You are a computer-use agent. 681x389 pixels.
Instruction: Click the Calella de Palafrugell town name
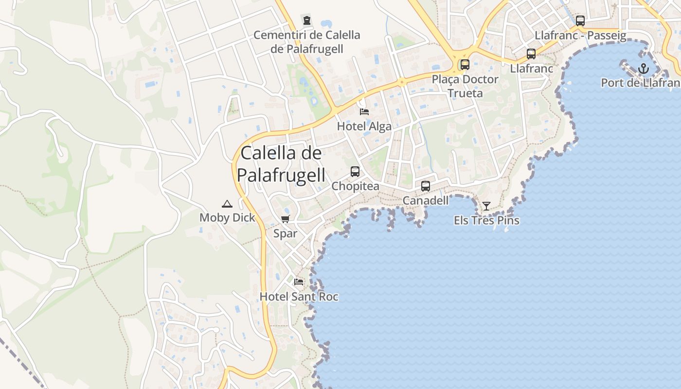tap(281, 164)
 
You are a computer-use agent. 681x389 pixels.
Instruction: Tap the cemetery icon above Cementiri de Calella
tap(307, 21)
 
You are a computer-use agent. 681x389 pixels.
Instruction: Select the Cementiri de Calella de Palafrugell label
tap(307, 42)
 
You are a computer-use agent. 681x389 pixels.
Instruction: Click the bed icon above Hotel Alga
tap(364, 112)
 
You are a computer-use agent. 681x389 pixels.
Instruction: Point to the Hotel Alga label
tap(364, 126)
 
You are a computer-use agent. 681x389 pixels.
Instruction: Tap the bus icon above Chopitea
tap(355, 172)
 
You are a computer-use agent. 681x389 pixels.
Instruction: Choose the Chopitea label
tap(355, 187)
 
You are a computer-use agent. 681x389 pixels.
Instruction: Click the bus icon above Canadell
tap(426, 186)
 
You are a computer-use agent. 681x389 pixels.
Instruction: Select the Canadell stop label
tap(426, 200)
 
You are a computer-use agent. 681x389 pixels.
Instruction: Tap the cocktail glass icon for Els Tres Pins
tap(486, 206)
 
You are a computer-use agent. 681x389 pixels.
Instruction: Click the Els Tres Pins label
tap(486, 220)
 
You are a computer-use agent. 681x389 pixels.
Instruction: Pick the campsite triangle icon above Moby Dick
tap(227, 204)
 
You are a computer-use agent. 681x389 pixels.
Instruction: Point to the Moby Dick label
tap(227, 217)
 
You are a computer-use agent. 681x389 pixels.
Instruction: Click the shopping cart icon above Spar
tap(286, 219)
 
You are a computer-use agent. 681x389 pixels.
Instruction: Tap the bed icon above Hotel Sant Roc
tap(299, 282)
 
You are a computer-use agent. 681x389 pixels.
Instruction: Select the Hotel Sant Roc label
tap(299, 297)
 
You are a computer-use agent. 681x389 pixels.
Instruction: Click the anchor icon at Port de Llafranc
tap(644, 68)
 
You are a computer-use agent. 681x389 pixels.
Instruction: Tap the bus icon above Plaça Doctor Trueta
tap(465, 64)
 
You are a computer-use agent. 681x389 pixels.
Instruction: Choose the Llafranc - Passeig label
tap(580, 35)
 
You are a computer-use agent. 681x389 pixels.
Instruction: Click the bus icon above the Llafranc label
tap(531, 54)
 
